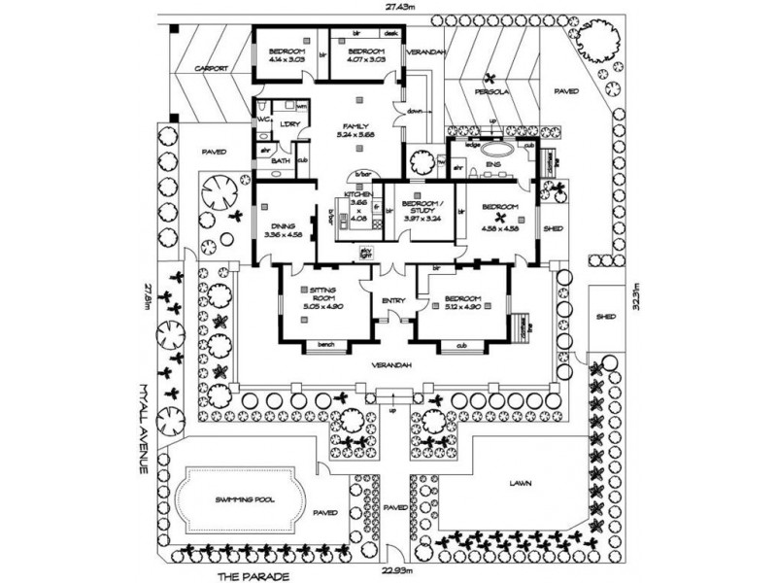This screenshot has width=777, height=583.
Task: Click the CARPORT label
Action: pyautogui.click(x=211, y=69)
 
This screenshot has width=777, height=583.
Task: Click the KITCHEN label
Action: pyautogui.click(x=355, y=195)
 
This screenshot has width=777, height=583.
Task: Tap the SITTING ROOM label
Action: pyautogui.click(x=321, y=293)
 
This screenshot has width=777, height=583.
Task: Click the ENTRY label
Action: pyautogui.click(x=392, y=300)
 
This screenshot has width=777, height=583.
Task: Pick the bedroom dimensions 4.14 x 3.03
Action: pyautogui.click(x=287, y=58)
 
